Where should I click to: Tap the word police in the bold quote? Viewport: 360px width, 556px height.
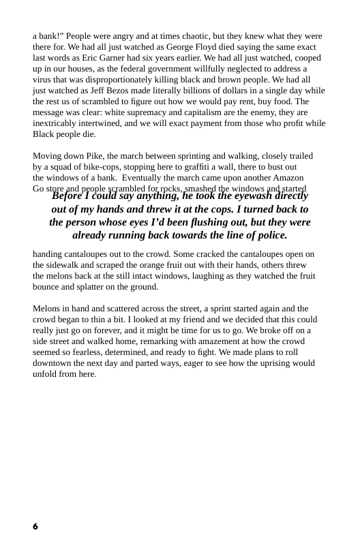[270, 236]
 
